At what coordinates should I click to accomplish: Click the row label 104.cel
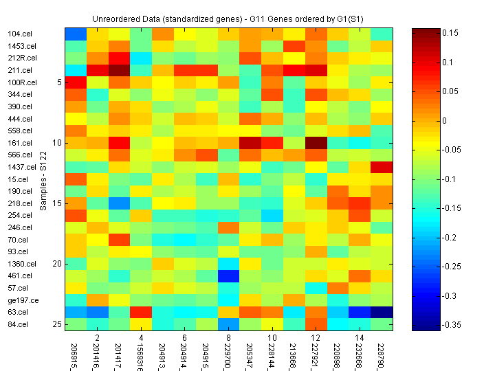click(x=19, y=34)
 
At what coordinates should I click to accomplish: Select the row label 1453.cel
click(x=20, y=46)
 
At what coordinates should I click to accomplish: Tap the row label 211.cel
click(x=19, y=70)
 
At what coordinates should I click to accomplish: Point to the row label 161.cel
click(x=19, y=143)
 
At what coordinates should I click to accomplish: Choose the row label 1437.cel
click(x=21, y=167)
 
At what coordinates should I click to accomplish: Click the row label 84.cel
click(x=17, y=324)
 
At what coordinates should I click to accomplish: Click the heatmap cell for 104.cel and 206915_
click(x=76, y=34)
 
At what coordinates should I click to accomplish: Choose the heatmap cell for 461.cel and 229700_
click(x=228, y=276)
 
